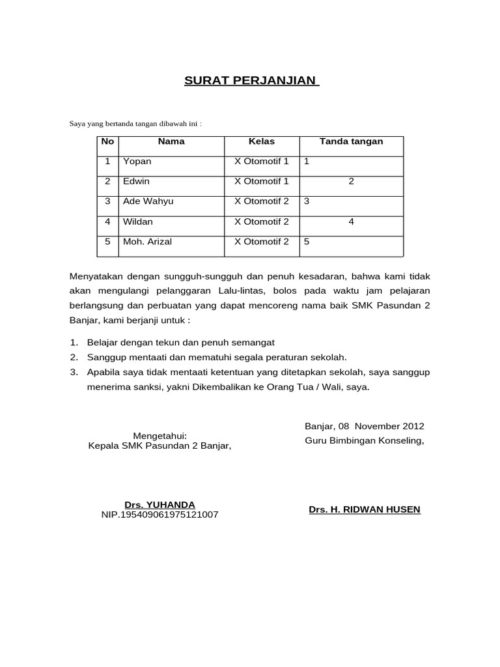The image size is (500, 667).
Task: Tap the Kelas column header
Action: click(261, 141)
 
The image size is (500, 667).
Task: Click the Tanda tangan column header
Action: click(351, 141)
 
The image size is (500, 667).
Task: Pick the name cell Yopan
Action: click(137, 162)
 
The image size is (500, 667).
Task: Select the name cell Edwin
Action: click(136, 182)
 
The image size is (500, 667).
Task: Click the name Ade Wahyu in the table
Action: click(148, 202)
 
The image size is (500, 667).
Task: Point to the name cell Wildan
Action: click(138, 222)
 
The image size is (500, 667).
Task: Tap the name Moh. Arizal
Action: click(147, 242)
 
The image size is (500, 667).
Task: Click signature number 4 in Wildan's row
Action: click(351, 222)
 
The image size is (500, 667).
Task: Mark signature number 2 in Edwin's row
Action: click(351, 182)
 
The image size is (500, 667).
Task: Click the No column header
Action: click(108, 141)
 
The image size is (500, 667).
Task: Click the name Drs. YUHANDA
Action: click(160, 505)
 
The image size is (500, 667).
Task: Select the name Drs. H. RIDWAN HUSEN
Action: click(365, 509)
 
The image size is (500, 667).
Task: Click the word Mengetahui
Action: click(160, 436)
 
